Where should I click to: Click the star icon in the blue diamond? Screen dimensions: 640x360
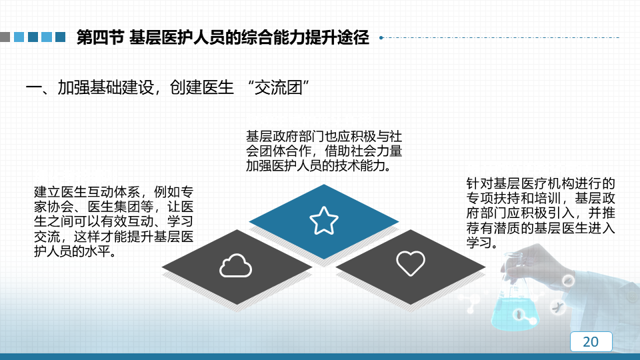[324, 221]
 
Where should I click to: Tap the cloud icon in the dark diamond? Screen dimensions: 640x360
[235, 266]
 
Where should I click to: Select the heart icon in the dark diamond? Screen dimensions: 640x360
[411, 263]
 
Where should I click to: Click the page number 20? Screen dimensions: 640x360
[591, 341]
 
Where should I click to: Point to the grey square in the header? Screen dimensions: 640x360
[5, 37]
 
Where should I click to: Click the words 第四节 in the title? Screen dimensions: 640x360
[100, 37]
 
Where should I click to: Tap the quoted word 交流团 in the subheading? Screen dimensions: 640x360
[279, 88]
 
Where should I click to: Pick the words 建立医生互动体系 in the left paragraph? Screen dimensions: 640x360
[87, 192]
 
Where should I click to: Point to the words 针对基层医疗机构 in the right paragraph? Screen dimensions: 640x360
[521, 184]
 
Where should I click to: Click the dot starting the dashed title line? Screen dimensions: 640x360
[381, 37]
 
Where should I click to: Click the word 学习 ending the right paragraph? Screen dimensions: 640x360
[479, 243]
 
